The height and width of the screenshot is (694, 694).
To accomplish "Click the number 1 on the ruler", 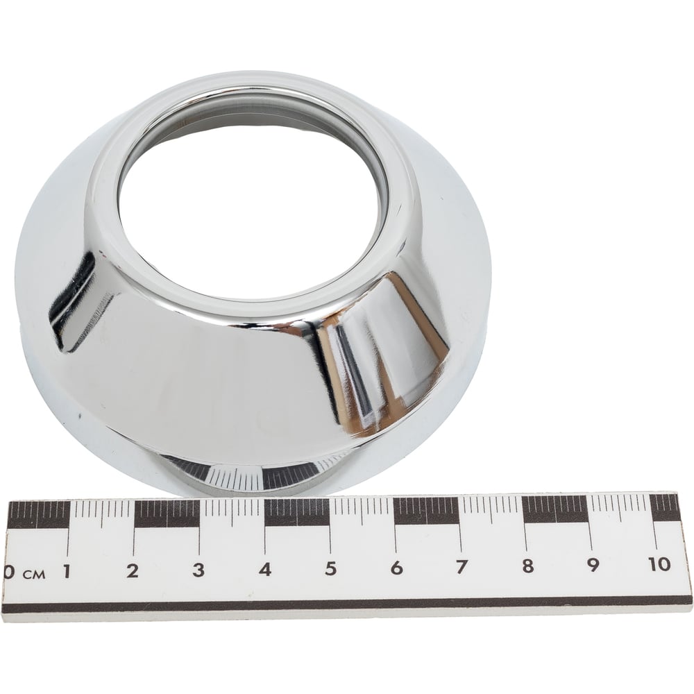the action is coord(67,571).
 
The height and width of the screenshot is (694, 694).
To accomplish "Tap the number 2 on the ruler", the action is coord(133,570).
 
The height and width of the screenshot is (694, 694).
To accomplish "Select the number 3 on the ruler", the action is coord(198,569).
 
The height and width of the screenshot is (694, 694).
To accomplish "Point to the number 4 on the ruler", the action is coord(264,568).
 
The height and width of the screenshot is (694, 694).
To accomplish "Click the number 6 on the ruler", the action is coord(396,567).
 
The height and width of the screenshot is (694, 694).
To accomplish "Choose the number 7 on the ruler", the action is coord(462,566).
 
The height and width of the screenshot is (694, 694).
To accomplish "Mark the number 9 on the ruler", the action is coord(593,564).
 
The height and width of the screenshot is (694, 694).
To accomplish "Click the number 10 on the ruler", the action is coord(659,564).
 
